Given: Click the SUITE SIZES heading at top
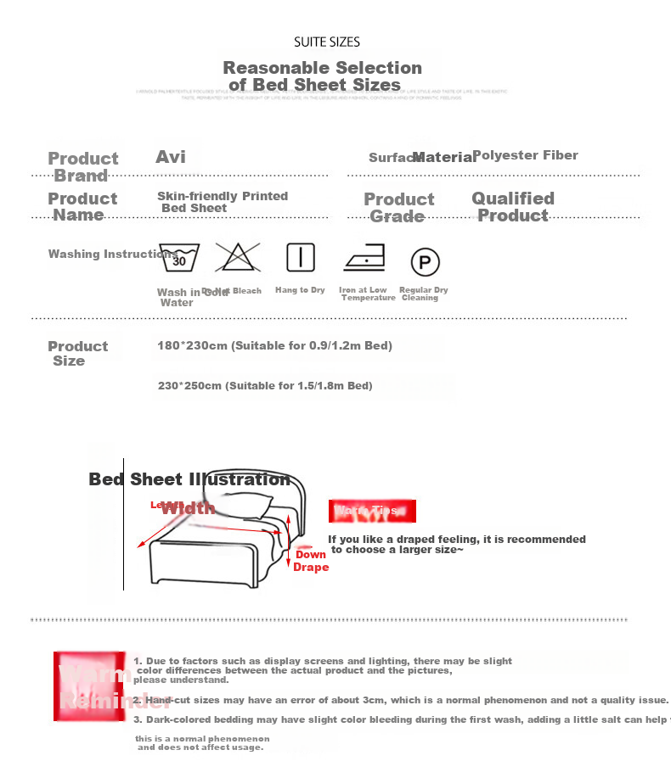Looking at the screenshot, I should click(x=327, y=42).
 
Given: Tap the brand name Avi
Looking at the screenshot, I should click(x=171, y=157).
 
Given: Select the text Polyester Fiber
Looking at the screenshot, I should click(x=525, y=155).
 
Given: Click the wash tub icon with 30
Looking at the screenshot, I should click(x=179, y=257).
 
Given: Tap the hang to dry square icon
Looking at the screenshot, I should click(x=300, y=257).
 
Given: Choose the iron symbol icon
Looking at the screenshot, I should click(x=364, y=258).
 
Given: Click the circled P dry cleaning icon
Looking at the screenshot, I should click(x=425, y=261).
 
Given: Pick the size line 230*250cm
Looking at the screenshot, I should click(x=265, y=386).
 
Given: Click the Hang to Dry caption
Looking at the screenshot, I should click(x=300, y=290).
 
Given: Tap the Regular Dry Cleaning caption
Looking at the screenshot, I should click(x=422, y=294).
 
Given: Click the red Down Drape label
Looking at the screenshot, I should click(x=311, y=561).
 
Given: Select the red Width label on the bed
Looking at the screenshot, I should click(x=188, y=508).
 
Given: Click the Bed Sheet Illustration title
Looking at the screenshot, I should click(x=189, y=479).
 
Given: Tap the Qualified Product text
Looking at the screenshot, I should click(x=513, y=207).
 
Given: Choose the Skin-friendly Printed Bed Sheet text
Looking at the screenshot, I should click(x=222, y=202).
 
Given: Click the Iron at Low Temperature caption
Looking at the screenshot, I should click(x=366, y=294).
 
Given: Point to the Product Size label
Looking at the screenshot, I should click(x=76, y=353).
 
